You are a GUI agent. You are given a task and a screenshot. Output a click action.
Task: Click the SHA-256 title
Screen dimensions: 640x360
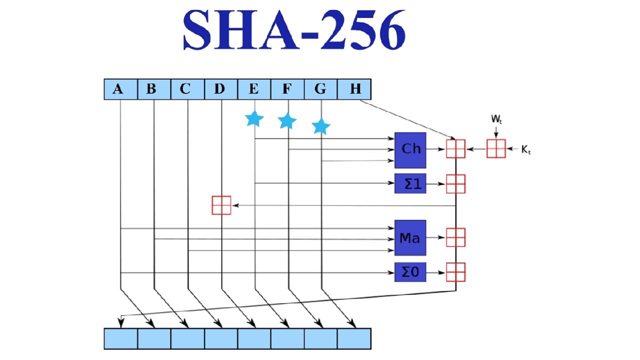[294, 29]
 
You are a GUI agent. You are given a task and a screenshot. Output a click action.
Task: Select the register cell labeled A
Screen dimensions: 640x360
[121, 89]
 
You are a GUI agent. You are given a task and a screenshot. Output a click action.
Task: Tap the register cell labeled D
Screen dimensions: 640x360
[221, 89]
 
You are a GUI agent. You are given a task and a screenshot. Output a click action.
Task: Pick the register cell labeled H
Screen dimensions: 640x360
[354, 89]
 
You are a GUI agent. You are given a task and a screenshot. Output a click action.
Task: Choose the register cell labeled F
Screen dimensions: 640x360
[287, 89]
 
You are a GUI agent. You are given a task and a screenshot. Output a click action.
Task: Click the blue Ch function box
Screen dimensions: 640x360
[410, 150]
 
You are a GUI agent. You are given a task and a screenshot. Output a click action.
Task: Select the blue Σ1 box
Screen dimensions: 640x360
[410, 183]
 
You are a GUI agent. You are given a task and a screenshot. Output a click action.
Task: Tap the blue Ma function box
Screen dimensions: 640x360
[410, 237]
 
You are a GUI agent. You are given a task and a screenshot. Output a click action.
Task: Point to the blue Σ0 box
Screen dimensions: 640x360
[410, 272]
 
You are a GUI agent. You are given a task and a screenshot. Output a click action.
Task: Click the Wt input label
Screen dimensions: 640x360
[496, 119]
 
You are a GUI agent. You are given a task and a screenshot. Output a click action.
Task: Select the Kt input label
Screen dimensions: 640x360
[526, 149]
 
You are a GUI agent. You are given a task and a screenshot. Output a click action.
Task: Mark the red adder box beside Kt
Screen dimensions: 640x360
[496, 148]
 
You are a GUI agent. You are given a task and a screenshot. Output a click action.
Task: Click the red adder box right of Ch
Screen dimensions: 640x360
[455, 148]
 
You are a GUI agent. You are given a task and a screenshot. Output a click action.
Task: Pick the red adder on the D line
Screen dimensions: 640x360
[221, 205]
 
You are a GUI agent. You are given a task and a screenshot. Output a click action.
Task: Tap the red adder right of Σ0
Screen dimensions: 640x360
[455, 272]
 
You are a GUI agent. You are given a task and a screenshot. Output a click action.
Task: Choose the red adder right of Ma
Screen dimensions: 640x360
[455, 237]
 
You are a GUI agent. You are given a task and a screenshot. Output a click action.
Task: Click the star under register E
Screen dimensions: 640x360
[254, 119]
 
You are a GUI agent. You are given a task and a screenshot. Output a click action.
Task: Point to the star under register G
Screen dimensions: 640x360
[321, 126]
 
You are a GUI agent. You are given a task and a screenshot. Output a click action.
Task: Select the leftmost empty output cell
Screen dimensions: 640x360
[121, 339]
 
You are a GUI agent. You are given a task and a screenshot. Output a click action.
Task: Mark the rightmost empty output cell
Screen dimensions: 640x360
[354, 339]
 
